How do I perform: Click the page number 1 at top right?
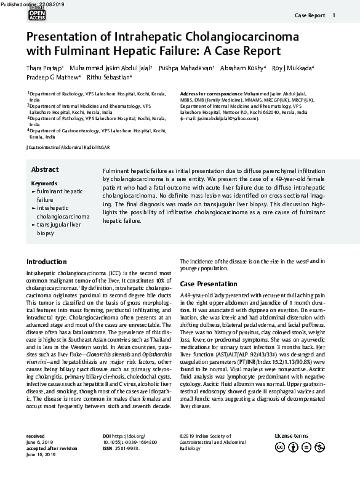334,15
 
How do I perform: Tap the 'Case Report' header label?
310,15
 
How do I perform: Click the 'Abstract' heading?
45,169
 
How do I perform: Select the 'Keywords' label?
44,183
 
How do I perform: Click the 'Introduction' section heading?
47,262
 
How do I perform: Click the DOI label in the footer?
108,436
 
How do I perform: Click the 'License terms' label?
291,436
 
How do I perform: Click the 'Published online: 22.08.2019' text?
27,4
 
